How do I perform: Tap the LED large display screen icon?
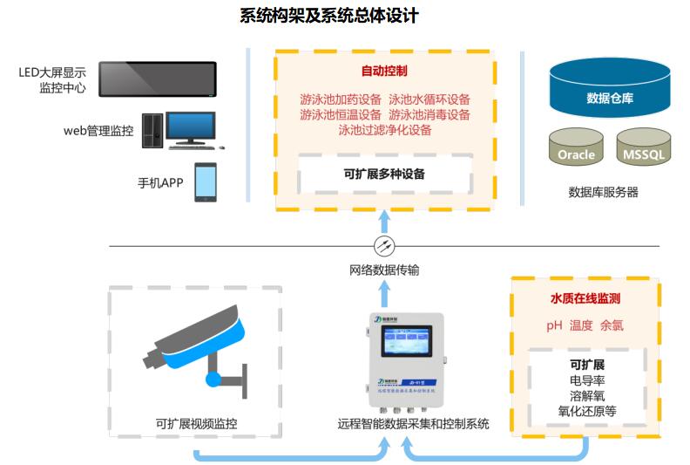click(x=157, y=79)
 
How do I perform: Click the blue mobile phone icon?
click(x=206, y=181)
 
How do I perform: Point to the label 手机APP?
click(x=160, y=183)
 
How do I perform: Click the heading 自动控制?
click(x=384, y=70)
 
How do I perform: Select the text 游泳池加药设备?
click(x=341, y=99)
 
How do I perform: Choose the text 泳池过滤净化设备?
click(x=385, y=130)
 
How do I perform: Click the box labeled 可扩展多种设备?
click(x=384, y=174)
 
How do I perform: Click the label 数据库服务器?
click(x=603, y=192)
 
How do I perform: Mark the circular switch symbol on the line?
click(x=384, y=245)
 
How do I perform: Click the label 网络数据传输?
click(x=384, y=270)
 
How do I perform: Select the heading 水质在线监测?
click(x=585, y=298)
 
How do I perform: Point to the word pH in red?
click(x=554, y=325)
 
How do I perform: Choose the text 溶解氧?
click(x=586, y=395)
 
